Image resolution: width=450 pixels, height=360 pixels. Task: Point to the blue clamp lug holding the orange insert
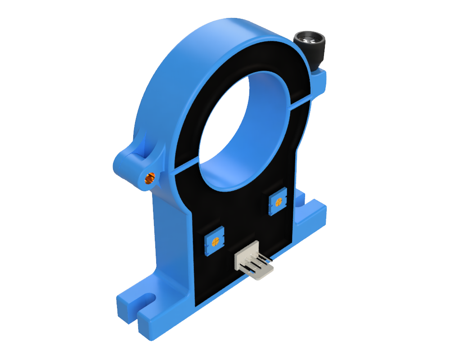click(x=135, y=162)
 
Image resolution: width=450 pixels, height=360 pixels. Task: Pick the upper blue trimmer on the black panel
click(x=277, y=202)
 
